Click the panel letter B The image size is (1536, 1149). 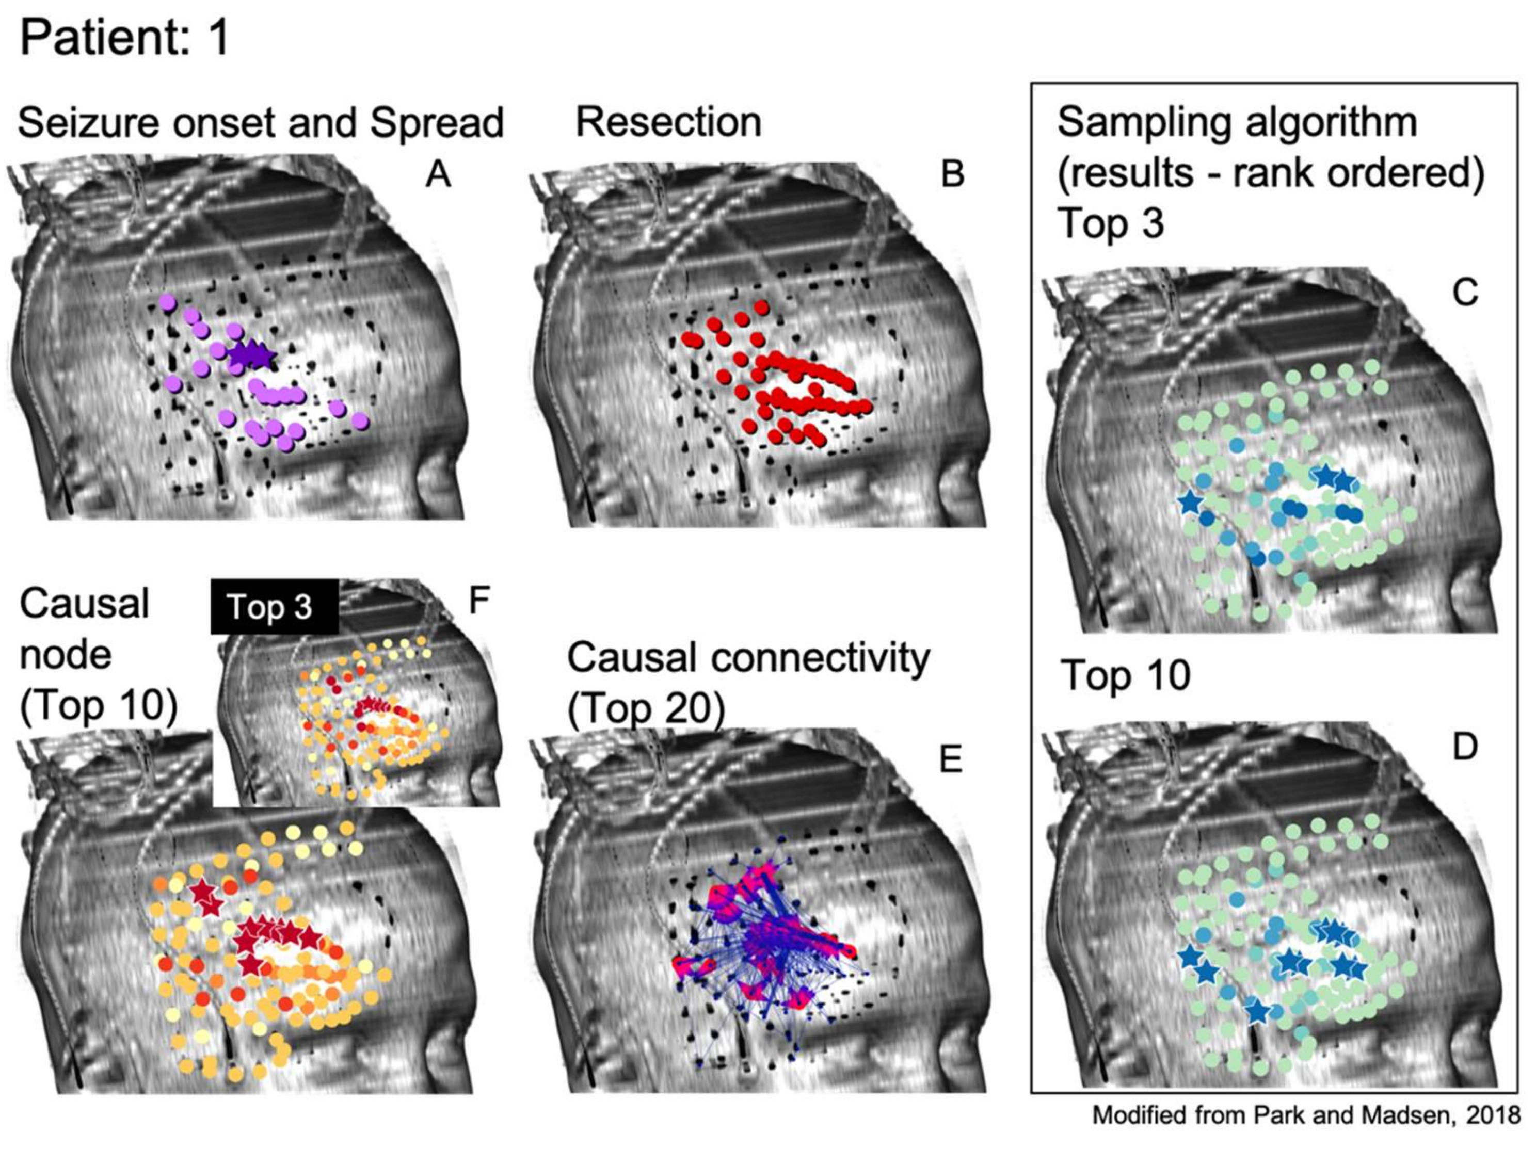(952, 173)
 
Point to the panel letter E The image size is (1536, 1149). (950, 761)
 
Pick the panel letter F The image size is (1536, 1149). (479, 601)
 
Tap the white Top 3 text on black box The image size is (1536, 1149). (269, 607)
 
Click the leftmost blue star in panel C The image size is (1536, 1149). (1190, 501)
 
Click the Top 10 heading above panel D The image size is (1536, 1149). (1126, 675)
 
